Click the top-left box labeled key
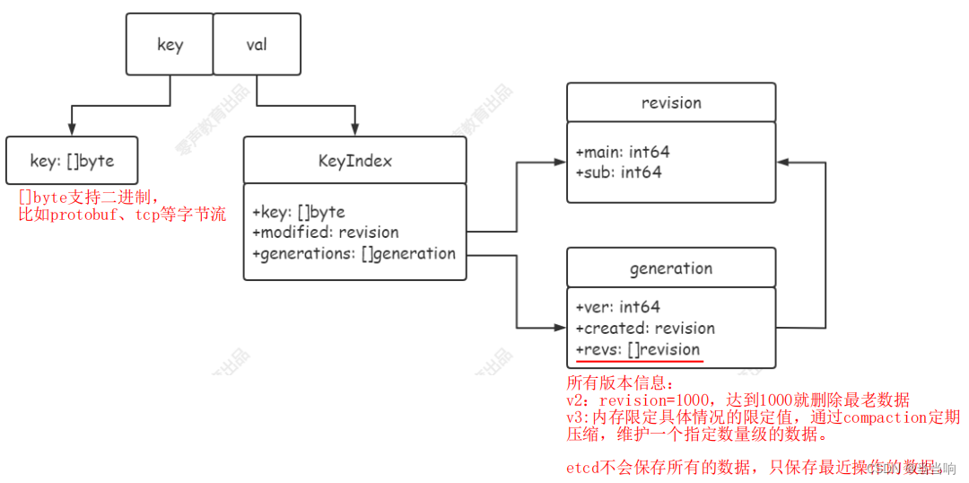pos(170,44)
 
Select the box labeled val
pos(257,44)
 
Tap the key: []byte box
pos(72,161)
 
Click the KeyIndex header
pos(354,161)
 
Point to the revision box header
pos(671,102)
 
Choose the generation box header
pos(671,268)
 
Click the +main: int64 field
pos(623,152)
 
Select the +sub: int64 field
pos(618,171)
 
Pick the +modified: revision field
pos(326,233)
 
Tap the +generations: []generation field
pos(354,253)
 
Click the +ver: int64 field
pos(618,307)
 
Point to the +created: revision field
pos(645,328)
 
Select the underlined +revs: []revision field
pos(638,349)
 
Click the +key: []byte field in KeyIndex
pos(299,212)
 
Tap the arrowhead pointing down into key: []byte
pos(71,131)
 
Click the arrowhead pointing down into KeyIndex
pos(355,131)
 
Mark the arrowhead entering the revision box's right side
pos(782,162)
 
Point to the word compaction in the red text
pos(884,417)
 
